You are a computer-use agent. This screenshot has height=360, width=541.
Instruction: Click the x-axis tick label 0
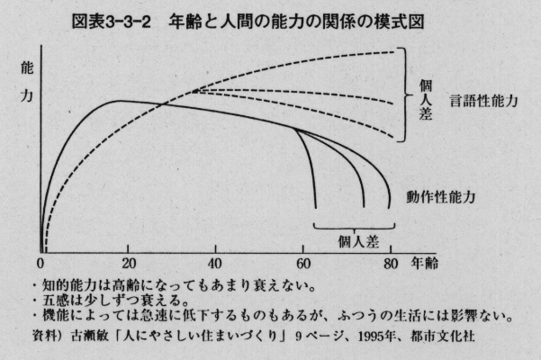41,265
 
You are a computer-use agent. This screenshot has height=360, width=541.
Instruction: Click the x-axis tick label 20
129,265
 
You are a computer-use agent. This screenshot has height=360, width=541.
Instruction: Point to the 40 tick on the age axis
216,265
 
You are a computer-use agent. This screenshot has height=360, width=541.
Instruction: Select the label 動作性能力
439,195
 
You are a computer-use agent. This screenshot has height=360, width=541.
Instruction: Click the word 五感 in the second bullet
64,301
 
